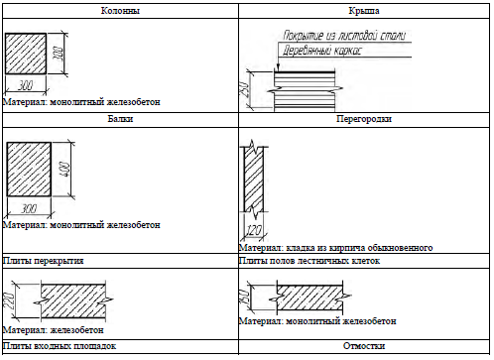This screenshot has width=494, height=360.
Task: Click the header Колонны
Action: [120, 11]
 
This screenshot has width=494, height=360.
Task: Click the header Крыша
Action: [364, 11]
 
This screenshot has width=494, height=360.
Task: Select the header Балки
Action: [120, 119]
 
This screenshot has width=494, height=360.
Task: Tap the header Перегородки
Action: [364, 119]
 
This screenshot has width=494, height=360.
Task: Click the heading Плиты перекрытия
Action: [43, 261]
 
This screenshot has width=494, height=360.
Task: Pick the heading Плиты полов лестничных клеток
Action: [309, 261]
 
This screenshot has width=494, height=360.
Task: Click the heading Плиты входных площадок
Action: [60, 346]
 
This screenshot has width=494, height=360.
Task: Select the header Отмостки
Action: [364, 346]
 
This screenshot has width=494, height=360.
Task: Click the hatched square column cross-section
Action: [26, 54]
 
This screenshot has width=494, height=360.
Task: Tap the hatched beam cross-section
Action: [29, 170]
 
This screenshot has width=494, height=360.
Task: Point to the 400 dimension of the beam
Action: [65, 170]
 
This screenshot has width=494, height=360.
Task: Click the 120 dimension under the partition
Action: [254, 230]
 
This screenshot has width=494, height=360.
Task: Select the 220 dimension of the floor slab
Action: [9, 300]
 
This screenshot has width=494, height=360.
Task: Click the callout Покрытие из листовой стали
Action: [344, 36]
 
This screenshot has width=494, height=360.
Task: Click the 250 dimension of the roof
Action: [244, 89]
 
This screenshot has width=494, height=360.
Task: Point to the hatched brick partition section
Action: [254, 179]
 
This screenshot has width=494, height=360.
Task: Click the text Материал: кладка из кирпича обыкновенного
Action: [335, 248]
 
